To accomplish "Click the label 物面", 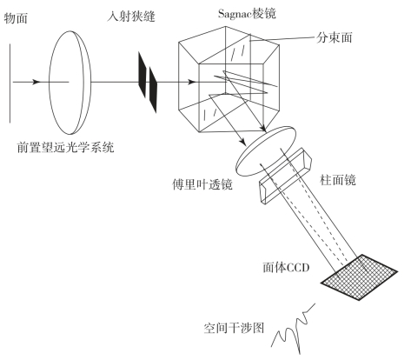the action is [x=16, y=18].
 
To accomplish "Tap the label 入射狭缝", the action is [x=131, y=16].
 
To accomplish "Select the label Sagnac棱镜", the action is [x=247, y=13].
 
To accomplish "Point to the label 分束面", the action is [x=335, y=37].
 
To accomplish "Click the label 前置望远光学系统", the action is [x=66, y=147].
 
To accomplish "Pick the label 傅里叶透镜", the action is [x=202, y=183].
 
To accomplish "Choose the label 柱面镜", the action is [x=338, y=180].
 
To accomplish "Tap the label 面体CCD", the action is [x=286, y=267].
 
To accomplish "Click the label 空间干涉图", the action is [x=234, y=328].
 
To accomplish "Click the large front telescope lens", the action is [x=70, y=83].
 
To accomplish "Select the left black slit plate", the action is [x=142, y=75].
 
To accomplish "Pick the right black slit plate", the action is [x=153, y=90].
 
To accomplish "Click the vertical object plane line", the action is [x=10, y=83].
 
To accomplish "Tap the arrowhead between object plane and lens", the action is [x=36, y=82].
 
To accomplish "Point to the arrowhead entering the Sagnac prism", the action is [x=191, y=82].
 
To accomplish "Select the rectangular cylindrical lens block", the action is [x=285, y=176].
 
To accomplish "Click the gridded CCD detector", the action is [x=359, y=277].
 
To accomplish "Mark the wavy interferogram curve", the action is [x=293, y=329].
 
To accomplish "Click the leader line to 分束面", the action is [x=282, y=39].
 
